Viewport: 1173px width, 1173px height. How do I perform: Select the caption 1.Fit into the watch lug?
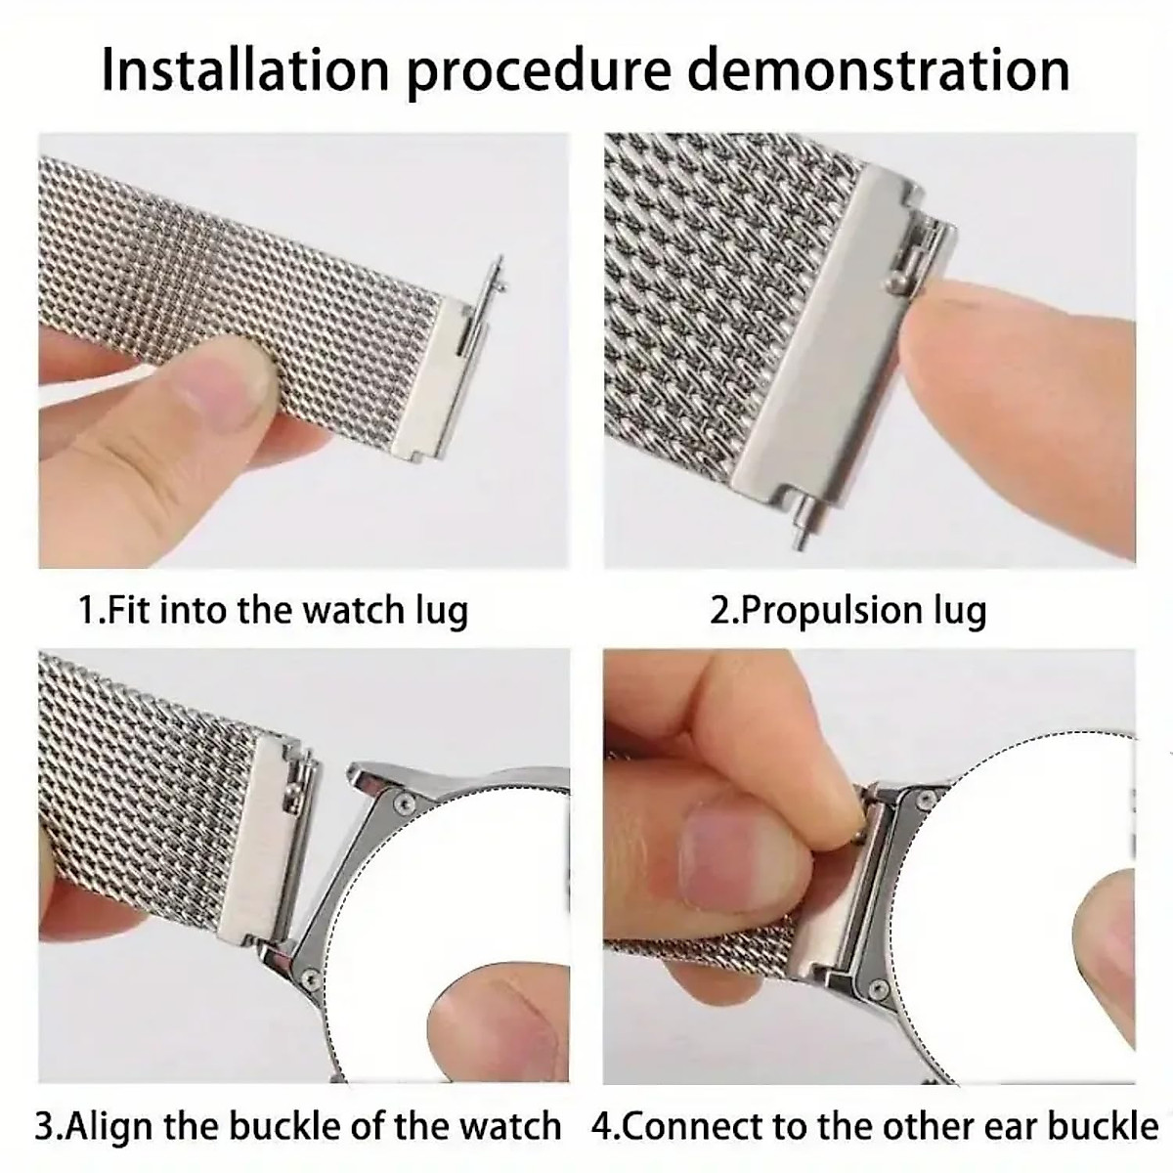274,610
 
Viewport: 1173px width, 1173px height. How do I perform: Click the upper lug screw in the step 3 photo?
401,801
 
